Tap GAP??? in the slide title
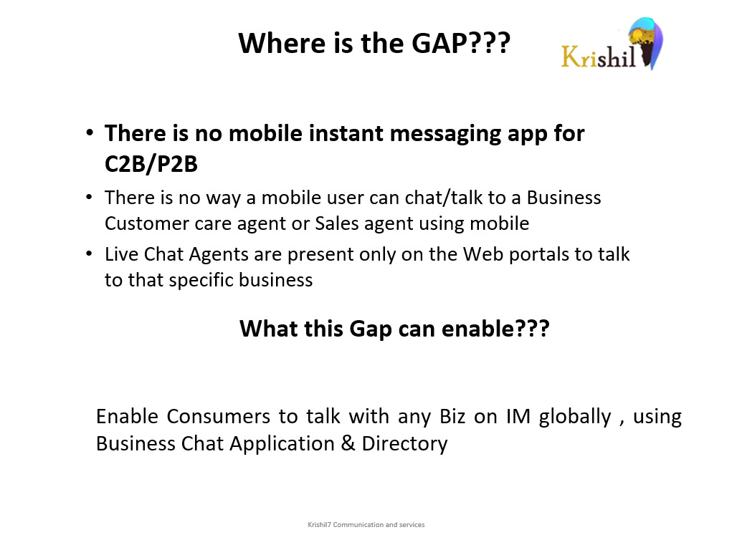coord(461,44)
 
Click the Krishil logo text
coord(599,57)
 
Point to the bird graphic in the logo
coord(647,43)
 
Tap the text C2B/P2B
coord(151,164)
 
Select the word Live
coord(121,255)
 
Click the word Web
coord(483,255)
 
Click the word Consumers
coord(218,417)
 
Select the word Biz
coord(452,417)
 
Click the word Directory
coord(404,444)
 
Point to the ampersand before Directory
coord(348,443)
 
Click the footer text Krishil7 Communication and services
coord(366,525)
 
